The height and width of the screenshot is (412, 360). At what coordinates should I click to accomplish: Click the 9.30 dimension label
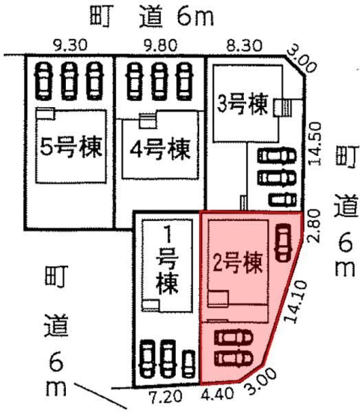70,45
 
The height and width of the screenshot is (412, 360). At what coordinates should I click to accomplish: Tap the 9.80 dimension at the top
160,45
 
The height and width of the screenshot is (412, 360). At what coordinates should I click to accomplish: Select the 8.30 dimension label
245,45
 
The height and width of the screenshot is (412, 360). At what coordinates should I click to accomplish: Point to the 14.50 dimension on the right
315,144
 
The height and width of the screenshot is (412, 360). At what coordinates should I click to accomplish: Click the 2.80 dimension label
314,225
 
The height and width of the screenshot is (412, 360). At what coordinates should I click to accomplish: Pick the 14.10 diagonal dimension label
296,301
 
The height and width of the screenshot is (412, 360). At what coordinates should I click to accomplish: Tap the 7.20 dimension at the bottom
165,396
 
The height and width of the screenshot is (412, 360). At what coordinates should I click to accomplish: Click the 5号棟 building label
71,148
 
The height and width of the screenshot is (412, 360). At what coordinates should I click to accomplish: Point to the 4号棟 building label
160,150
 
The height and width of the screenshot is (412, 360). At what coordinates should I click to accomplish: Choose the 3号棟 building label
243,104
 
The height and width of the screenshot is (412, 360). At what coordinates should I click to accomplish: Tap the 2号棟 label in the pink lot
238,264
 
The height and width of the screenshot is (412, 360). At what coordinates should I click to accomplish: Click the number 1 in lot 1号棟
167,235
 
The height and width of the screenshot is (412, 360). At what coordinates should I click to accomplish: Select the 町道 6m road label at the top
152,16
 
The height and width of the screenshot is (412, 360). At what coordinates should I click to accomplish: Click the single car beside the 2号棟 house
283,242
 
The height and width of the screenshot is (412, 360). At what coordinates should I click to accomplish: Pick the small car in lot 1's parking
189,364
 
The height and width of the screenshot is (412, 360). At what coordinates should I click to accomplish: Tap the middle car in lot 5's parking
69,81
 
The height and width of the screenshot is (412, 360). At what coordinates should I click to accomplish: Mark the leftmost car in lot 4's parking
135,81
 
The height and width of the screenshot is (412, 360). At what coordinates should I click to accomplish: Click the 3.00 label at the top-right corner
302,61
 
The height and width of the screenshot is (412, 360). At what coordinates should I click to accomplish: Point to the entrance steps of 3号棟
282,108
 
